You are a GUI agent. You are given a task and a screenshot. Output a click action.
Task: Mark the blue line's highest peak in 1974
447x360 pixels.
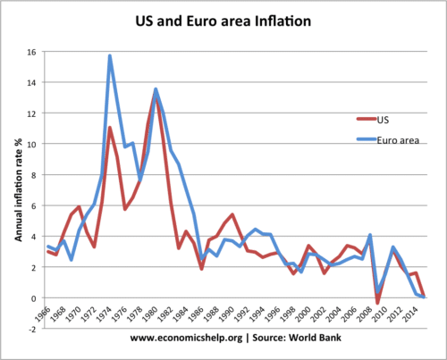click(x=110, y=56)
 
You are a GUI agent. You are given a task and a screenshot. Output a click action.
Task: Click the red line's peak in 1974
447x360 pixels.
click(x=110, y=128)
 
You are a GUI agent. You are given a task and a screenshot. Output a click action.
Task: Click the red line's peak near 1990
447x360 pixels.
click(x=232, y=214)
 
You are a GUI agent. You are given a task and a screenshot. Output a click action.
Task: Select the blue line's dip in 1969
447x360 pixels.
click(x=71, y=259)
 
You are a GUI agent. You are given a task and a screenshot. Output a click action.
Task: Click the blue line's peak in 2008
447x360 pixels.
click(x=370, y=235)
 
